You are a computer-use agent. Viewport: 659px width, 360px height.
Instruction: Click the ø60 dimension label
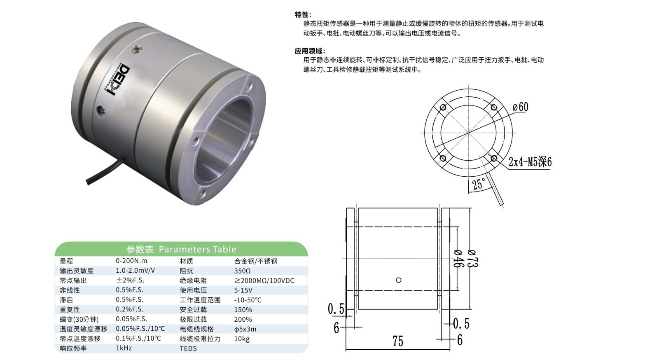[521, 107]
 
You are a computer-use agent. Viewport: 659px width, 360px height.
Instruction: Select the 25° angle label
[479, 185]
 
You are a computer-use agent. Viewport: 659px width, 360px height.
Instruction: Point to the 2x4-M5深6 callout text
[530, 162]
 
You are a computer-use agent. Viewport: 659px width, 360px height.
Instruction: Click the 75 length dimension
[398, 341]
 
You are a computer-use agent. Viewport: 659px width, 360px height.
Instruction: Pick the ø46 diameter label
[459, 258]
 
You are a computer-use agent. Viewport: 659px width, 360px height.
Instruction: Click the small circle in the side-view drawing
[398, 280]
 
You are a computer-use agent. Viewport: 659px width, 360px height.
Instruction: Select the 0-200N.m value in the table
[131, 261]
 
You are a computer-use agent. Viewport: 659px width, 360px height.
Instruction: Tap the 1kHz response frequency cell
[124, 348]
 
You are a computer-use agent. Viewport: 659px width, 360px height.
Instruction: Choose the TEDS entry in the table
[188, 348]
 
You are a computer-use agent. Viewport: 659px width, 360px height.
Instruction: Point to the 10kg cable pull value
[242, 339]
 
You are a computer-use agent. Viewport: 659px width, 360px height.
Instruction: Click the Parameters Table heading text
[197, 250]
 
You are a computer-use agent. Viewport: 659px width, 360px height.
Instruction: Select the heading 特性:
[303, 15]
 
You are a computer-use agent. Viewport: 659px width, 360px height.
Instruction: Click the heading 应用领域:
[310, 51]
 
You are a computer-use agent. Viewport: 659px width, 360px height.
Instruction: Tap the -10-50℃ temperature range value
[248, 300]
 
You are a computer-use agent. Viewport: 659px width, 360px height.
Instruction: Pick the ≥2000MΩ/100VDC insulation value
[264, 281]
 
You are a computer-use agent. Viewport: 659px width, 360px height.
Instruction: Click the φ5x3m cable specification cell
[245, 329]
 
